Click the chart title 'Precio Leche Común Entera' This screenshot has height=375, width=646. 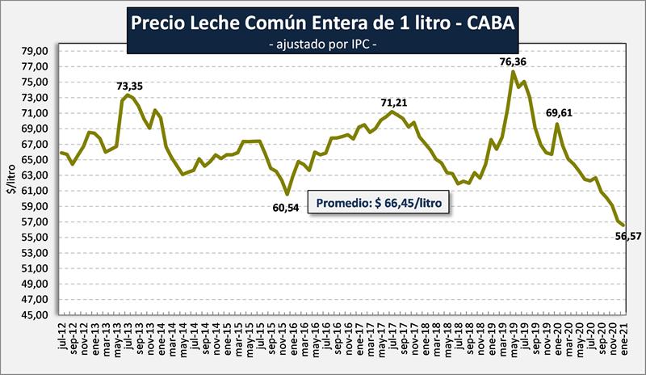tap(322, 24)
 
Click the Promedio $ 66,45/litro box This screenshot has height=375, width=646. tap(379, 203)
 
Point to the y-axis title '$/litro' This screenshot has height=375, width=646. tap(10, 183)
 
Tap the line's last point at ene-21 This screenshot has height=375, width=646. tap(623, 225)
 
